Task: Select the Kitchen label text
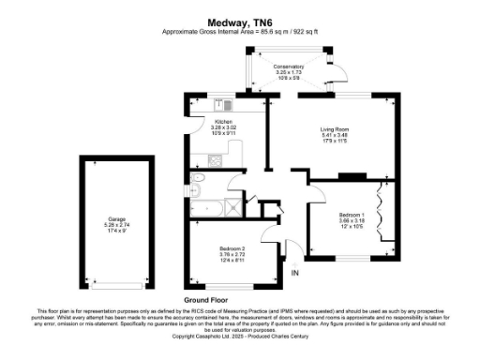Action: (x=223, y=123)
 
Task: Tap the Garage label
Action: (x=115, y=220)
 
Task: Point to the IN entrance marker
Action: (x=295, y=273)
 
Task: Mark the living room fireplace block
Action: (x=352, y=175)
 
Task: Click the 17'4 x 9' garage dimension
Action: (x=115, y=232)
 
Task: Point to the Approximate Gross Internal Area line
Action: (x=240, y=31)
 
